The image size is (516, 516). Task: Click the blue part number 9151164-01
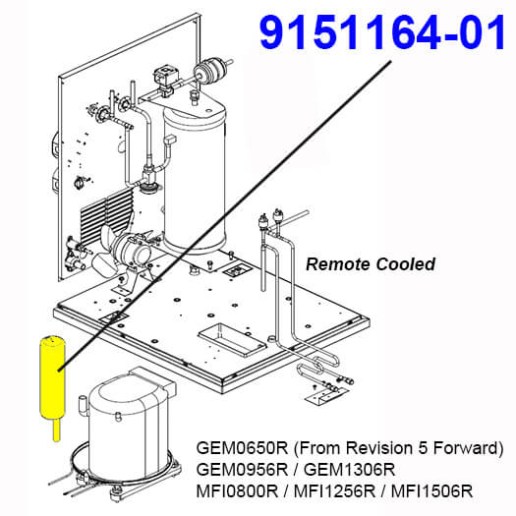click(x=381, y=32)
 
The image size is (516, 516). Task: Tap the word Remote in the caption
click(x=338, y=264)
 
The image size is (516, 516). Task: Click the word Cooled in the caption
click(x=406, y=264)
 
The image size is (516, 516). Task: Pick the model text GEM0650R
click(x=242, y=448)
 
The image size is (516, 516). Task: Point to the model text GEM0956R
click(x=242, y=470)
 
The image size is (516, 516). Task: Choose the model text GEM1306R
click(x=350, y=470)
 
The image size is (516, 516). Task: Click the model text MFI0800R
click(x=237, y=491)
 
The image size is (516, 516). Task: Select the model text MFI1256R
click(x=334, y=491)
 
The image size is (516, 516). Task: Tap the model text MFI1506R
click(x=431, y=491)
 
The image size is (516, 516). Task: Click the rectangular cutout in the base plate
click(x=232, y=340)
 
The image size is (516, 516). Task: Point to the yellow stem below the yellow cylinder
click(x=57, y=430)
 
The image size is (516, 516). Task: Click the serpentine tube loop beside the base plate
click(x=318, y=365)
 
